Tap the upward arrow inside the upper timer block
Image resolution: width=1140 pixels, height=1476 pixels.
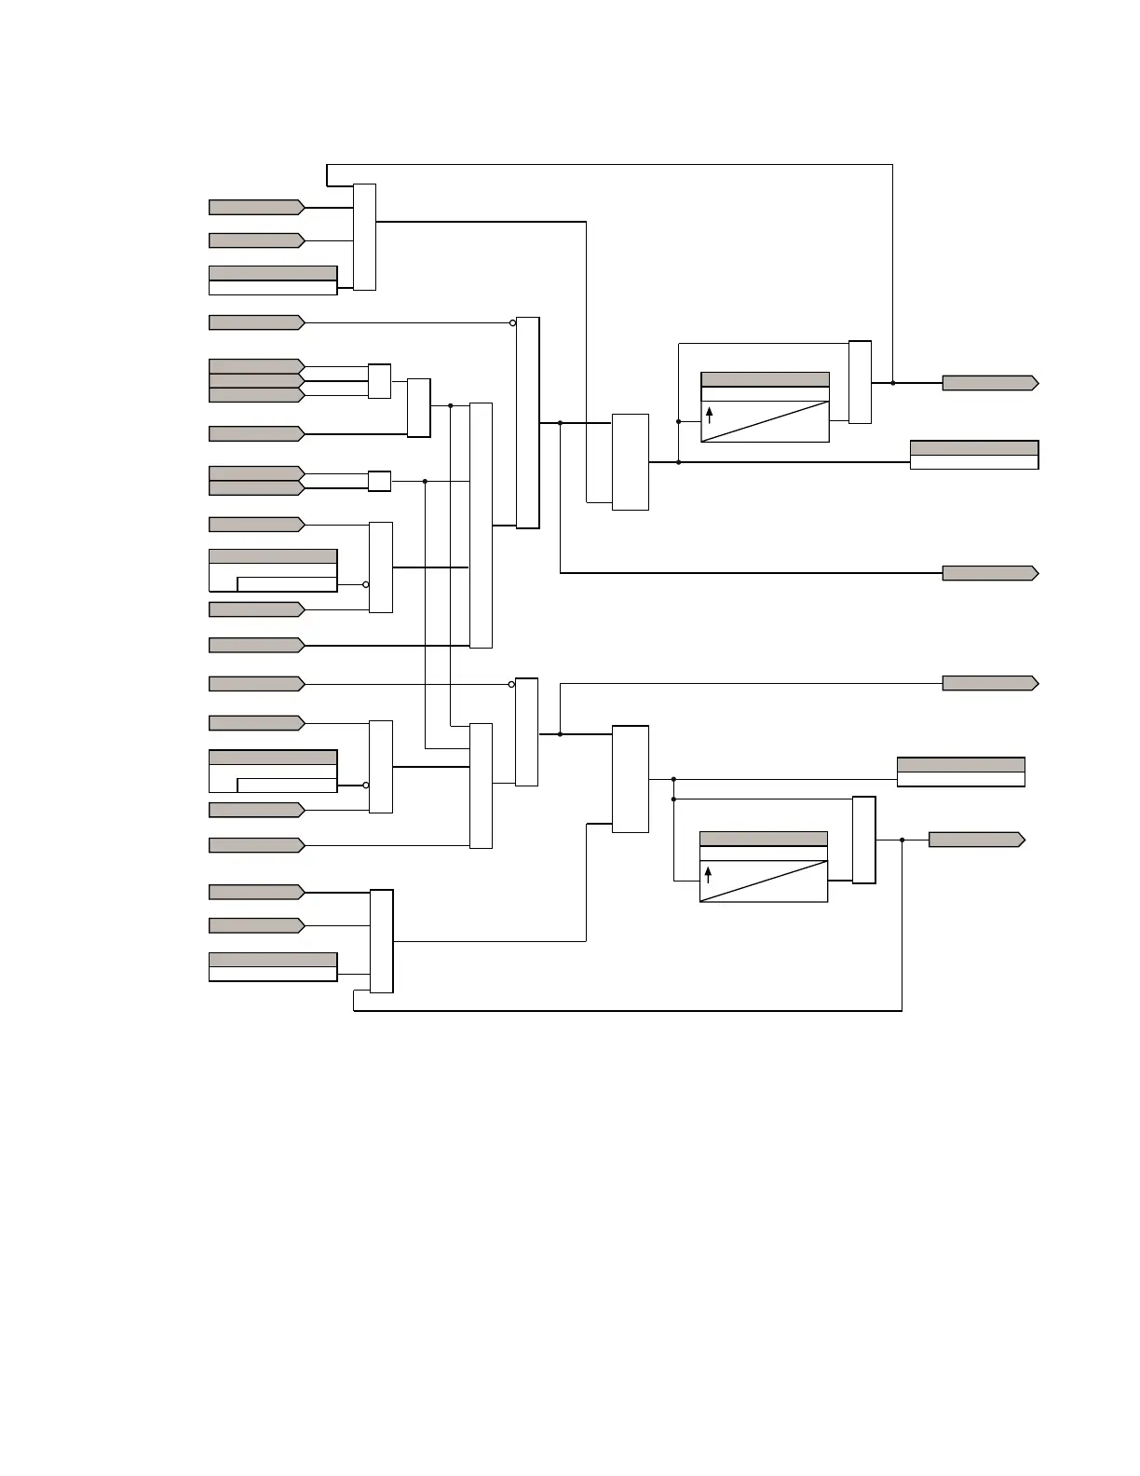[709, 415]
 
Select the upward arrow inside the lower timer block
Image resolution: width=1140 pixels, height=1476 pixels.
[708, 874]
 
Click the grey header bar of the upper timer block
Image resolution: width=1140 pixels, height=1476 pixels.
[765, 379]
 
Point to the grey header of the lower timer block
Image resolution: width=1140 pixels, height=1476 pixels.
[763, 839]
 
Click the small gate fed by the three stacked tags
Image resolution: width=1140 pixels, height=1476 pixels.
[379, 381]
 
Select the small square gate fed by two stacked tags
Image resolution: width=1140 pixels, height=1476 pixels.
[379, 481]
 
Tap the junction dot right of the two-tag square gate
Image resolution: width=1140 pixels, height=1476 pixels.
[425, 482]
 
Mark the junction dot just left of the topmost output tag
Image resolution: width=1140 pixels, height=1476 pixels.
[892, 383]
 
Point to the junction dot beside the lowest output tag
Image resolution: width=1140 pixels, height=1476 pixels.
[902, 840]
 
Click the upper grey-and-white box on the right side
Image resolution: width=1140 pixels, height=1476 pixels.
[973, 455]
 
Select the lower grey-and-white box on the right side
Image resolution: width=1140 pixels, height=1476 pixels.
[960, 772]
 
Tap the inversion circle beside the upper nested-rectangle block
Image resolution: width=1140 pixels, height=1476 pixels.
[365, 585]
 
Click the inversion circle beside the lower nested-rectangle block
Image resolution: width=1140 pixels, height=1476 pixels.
[365, 786]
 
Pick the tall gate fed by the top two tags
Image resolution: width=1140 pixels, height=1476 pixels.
[364, 237]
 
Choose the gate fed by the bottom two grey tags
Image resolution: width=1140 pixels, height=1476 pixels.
[381, 941]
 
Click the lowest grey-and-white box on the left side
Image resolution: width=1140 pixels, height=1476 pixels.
[272, 966]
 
